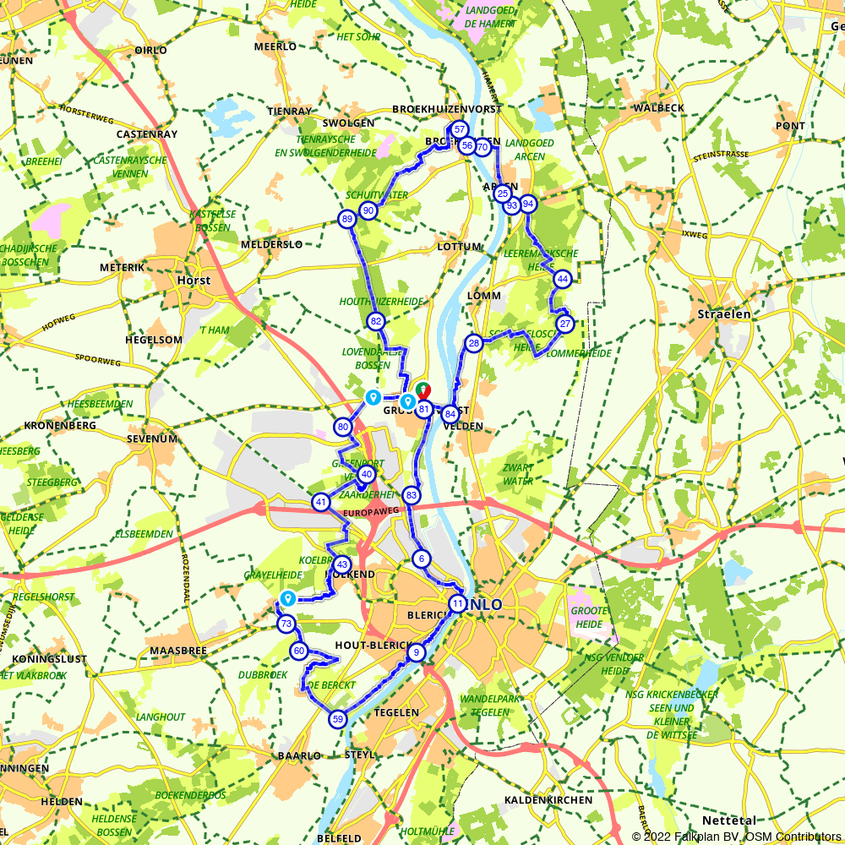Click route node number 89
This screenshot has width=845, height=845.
click(347, 220)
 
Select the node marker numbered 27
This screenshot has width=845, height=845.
click(565, 324)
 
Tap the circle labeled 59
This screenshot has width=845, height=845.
click(337, 719)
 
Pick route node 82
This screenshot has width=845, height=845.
click(376, 321)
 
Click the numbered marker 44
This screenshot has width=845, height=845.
click(562, 279)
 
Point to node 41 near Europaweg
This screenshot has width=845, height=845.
click(321, 502)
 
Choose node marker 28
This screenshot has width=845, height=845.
click(473, 343)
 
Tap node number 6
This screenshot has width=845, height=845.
click(422, 559)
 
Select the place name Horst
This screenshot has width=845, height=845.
click(194, 280)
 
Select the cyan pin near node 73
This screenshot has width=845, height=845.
click(287, 599)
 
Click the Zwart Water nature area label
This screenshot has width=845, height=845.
click(517, 473)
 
